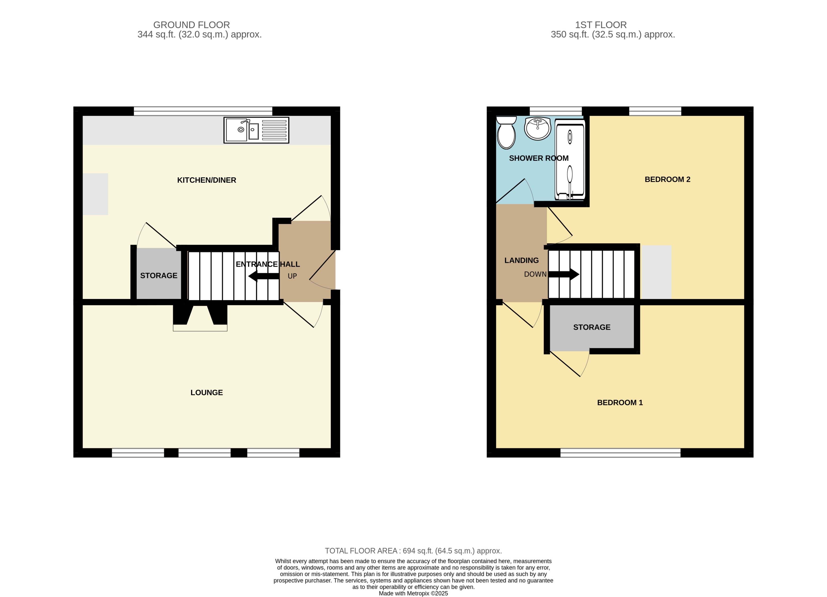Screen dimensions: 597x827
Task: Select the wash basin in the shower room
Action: point(538,128)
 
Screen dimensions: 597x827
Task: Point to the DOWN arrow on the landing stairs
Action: point(563,274)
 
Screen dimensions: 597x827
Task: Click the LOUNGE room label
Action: point(206,393)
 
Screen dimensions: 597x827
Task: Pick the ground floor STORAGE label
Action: point(159,276)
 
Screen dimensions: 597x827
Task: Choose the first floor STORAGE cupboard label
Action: point(591,327)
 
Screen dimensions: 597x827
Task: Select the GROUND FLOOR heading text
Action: point(191,25)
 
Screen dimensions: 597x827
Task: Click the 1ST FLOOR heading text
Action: point(600,25)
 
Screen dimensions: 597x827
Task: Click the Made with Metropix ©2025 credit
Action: point(413,593)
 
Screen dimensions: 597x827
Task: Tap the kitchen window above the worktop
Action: point(203,111)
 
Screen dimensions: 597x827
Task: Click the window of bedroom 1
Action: point(620,453)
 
